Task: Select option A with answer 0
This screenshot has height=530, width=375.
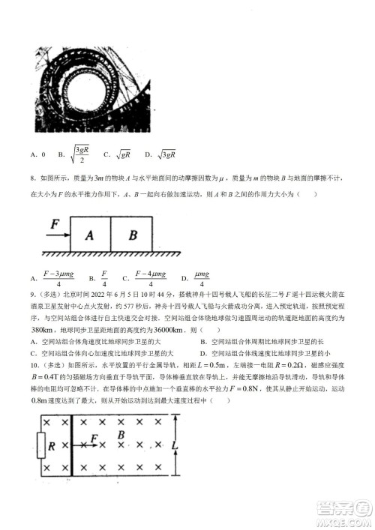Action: point(38,154)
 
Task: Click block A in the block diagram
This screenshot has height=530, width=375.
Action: point(90,235)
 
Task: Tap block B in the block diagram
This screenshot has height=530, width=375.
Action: point(133,235)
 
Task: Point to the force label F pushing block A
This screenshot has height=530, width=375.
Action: point(54,223)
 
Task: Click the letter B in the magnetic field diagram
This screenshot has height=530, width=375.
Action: point(119,434)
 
